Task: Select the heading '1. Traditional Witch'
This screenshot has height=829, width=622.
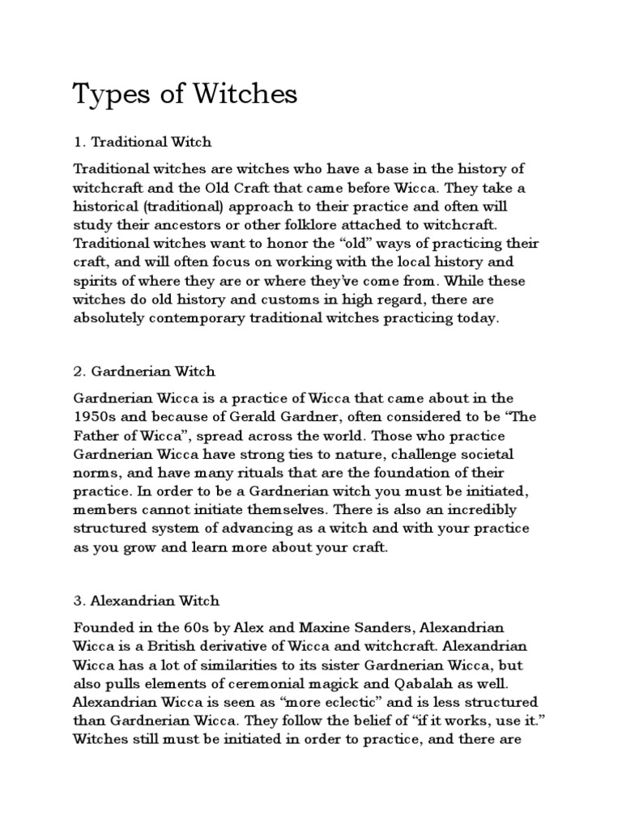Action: coord(143,142)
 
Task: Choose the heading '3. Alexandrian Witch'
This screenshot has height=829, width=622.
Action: coord(147,602)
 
